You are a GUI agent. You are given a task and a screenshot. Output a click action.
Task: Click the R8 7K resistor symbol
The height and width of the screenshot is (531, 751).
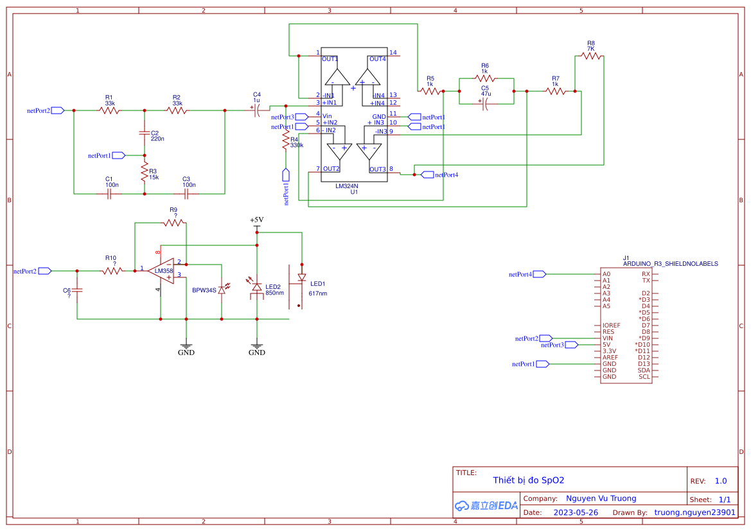tap(591, 57)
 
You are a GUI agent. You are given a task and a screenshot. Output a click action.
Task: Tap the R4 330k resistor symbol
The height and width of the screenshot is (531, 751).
tap(285, 143)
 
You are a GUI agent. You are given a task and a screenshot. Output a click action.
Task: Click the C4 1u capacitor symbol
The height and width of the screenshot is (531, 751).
tap(257, 110)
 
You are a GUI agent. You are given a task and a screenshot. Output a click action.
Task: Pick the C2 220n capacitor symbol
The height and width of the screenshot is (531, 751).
tap(145, 133)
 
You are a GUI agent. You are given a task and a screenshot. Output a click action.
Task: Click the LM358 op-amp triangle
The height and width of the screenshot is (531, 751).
tap(162, 270)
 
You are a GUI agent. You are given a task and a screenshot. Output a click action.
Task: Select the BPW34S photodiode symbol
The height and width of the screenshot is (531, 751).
tap(222, 290)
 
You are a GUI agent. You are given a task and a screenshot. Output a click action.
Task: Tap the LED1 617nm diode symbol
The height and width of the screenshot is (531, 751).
tap(301, 277)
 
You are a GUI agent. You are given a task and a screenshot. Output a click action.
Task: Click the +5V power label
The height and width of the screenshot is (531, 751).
tap(257, 220)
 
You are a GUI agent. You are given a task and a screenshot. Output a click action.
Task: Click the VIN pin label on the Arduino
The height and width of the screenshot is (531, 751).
tap(607, 338)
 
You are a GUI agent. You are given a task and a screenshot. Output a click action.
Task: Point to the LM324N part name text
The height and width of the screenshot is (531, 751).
tap(347, 186)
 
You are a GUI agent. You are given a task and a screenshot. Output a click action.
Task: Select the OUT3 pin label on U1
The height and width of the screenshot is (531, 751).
tap(377, 170)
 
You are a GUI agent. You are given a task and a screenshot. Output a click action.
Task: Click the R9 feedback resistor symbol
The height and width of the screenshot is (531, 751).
tap(173, 223)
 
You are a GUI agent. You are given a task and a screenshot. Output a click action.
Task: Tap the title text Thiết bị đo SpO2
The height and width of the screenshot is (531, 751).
tap(528, 480)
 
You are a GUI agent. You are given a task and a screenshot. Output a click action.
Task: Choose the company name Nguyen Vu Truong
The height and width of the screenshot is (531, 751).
tap(601, 498)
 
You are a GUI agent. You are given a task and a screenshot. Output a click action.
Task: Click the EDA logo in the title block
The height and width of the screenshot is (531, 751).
tap(486, 505)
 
